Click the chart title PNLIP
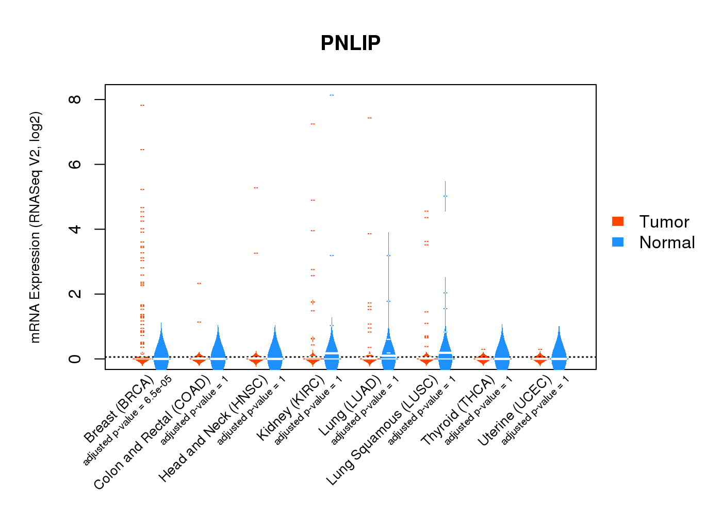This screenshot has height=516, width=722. [350, 43]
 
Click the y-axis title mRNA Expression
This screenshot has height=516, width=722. [35, 227]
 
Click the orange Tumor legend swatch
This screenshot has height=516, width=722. [618, 221]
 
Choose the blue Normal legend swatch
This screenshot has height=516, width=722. [618, 242]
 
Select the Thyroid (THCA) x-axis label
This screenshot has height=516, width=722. [458, 411]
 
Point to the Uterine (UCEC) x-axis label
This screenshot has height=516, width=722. [515, 411]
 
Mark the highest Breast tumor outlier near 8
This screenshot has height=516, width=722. [142, 105]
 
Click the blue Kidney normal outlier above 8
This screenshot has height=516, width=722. [332, 95]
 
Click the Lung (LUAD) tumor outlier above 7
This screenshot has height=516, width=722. [369, 118]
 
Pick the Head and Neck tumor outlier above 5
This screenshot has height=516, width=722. [256, 188]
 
